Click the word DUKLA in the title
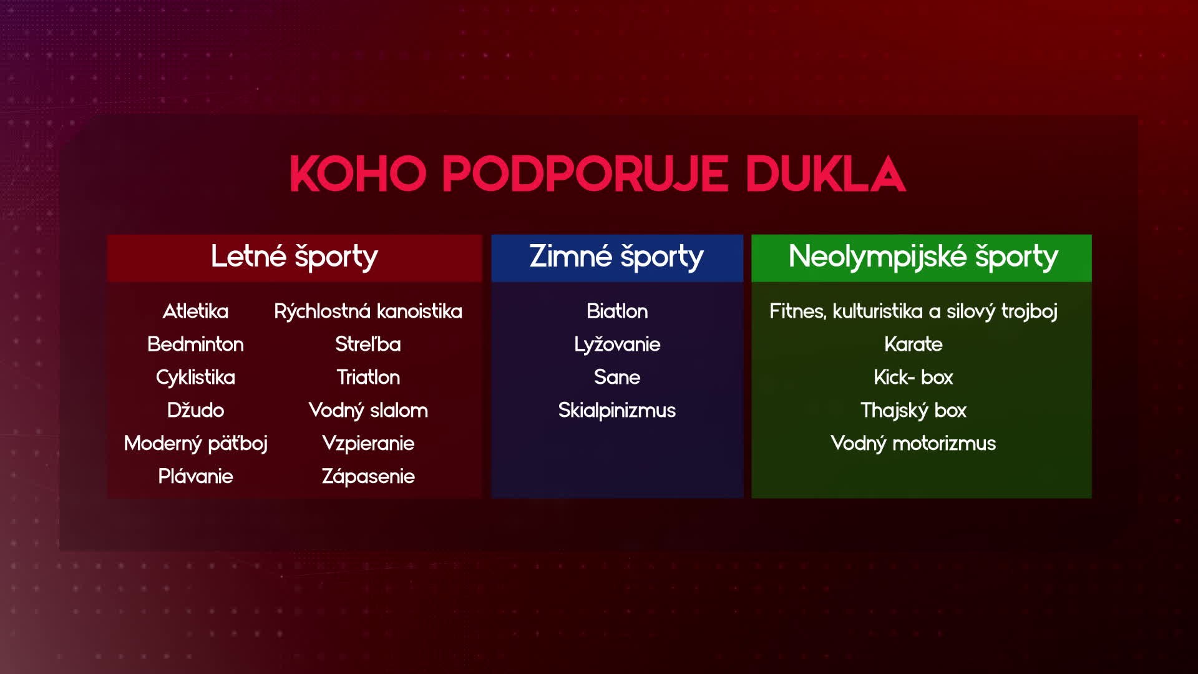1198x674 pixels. click(825, 173)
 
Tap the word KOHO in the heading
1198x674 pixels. click(358, 173)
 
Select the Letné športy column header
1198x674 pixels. click(295, 257)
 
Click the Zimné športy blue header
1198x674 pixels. click(617, 257)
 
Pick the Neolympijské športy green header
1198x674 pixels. click(922, 257)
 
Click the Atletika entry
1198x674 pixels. click(195, 311)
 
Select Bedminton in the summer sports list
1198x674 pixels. click(195, 344)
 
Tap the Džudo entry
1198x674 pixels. click(195, 410)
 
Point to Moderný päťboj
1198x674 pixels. click(195, 444)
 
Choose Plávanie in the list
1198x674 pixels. click(195, 476)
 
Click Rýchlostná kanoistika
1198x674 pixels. click(368, 311)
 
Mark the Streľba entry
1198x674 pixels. click(368, 344)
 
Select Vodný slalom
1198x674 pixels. click(368, 410)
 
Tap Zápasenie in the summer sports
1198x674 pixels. click(368, 477)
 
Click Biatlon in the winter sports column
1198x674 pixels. click(617, 311)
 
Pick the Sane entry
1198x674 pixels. click(617, 377)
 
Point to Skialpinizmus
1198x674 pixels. click(617, 411)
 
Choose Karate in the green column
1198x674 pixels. click(913, 344)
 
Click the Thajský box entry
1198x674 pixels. click(913, 411)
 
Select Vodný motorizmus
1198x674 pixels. click(913, 444)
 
